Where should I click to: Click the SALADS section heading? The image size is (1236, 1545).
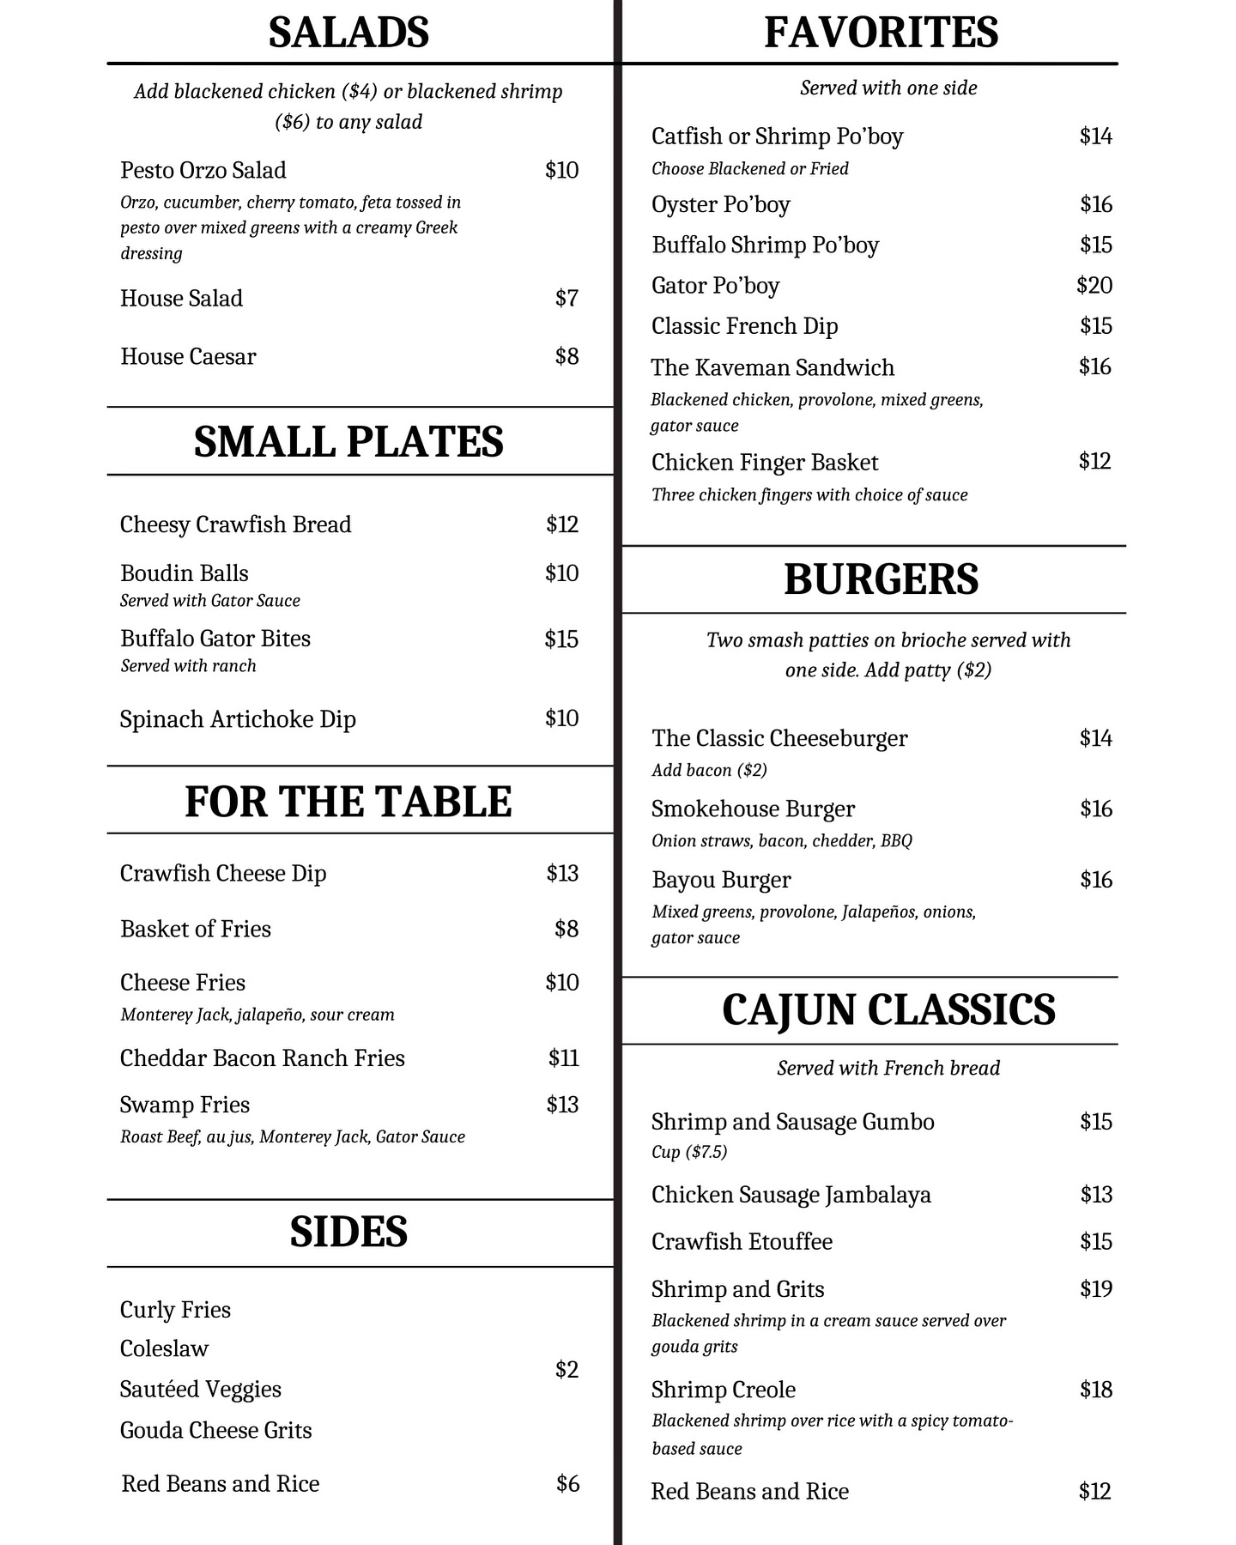tap(348, 33)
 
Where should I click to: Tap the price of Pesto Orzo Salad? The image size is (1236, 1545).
tap(561, 170)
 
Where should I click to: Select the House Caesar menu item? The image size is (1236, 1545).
tap(188, 356)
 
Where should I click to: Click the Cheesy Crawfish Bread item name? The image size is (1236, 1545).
tap(235, 524)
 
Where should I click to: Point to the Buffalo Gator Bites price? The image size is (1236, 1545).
tap(561, 639)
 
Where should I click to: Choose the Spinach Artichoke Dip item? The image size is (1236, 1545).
tap(238, 718)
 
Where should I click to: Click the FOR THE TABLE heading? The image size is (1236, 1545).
tap(348, 802)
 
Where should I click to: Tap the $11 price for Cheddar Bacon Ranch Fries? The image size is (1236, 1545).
tap(563, 1057)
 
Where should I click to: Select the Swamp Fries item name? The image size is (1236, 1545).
tap(185, 1105)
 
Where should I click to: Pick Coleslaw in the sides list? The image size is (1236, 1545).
tap(164, 1348)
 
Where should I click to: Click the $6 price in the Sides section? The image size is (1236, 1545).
tap(567, 1483)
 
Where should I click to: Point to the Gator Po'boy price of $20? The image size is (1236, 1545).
tap(1094, 285)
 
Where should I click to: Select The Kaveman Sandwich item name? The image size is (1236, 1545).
tap(772, 367)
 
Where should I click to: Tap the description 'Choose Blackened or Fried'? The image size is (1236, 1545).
tap(749, 168)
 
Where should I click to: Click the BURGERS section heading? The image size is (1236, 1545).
tap(881, 579)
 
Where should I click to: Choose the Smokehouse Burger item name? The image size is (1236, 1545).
tap(753, 809)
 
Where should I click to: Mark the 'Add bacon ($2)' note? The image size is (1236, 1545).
tap(709, 770)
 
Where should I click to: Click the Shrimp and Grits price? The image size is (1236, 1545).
tap(1095, 1288)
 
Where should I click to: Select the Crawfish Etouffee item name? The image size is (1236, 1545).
tap(742, 1241)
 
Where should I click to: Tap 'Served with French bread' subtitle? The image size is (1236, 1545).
tap(888, 1068)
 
